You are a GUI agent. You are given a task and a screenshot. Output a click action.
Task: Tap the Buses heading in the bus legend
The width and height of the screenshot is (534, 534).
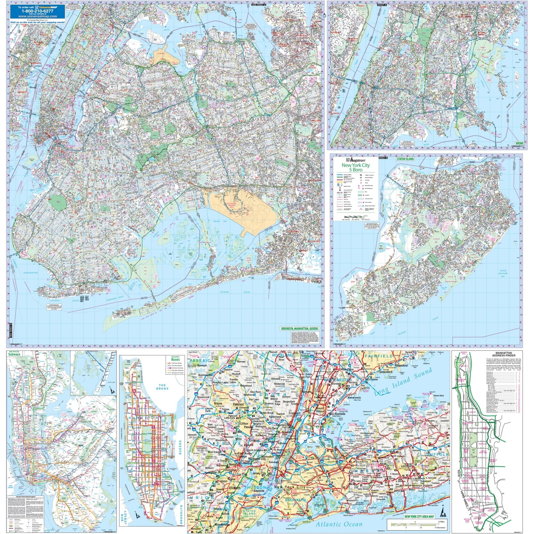[175, 360]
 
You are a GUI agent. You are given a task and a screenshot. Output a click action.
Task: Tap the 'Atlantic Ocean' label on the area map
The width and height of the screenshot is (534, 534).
[339, 509]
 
